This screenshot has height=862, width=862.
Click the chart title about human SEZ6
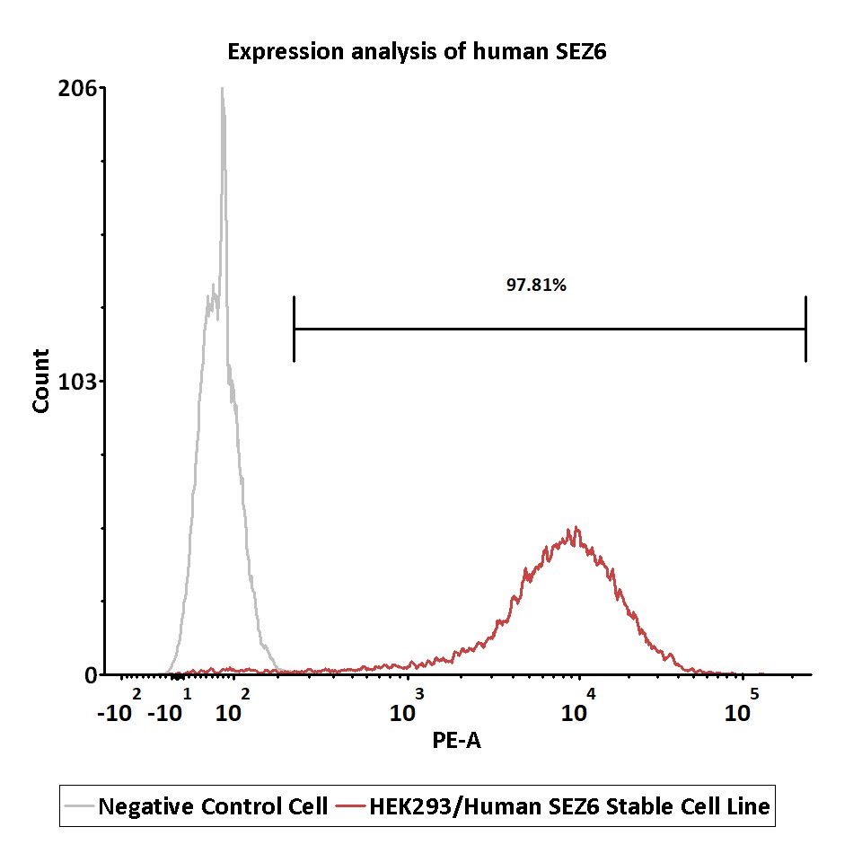click(417, 52)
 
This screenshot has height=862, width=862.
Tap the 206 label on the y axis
click(77, 88)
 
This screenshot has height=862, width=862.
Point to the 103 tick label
click(77, 381)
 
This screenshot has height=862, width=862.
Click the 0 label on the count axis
click(91, 674)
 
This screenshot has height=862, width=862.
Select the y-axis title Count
click(41, 381)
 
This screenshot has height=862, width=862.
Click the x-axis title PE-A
click(456, 741)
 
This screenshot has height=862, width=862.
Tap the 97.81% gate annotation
click(536, 285)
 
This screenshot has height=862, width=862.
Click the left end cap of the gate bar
click(295, 329)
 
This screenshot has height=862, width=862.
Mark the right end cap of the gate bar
click(806, 329)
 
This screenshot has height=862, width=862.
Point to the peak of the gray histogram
click(222, 88)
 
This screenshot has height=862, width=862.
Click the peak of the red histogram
click(576, 527)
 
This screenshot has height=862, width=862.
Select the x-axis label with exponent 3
click(407, 706)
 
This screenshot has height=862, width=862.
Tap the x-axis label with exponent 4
click(578, 706)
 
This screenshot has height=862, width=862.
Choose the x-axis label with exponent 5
click(742, 706)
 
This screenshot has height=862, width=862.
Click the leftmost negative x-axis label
click(119, 706)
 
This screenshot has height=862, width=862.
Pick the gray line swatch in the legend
click(79, 806)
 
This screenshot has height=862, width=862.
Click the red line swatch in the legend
click(351, 806)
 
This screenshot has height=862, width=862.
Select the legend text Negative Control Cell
click(213, 806)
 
